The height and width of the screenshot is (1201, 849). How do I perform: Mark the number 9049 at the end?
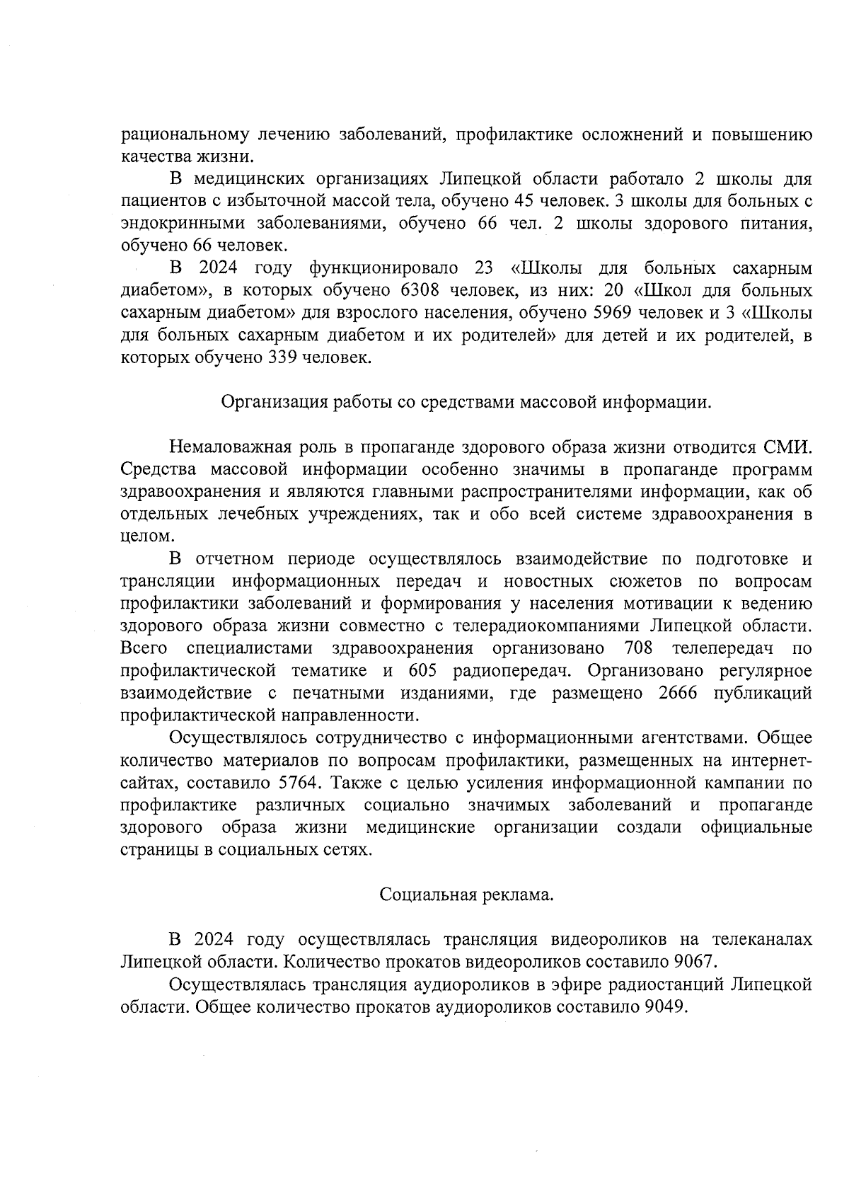pos(665,1007)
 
